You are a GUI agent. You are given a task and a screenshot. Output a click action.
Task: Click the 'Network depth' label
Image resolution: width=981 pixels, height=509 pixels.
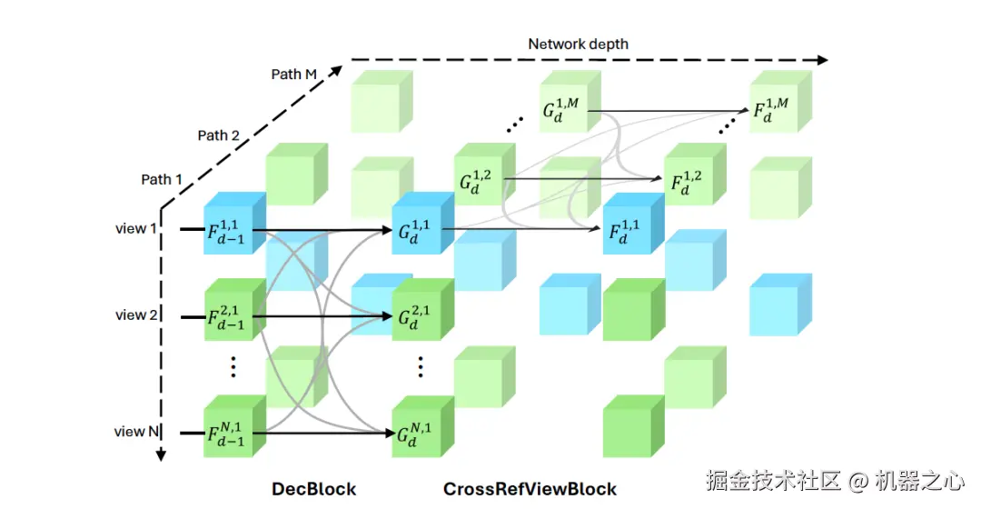[578, 44]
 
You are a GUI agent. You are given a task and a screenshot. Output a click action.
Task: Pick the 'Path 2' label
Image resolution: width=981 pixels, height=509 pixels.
[219, 135]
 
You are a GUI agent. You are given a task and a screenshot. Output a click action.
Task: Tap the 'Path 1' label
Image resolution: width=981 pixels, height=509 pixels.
[162, 179]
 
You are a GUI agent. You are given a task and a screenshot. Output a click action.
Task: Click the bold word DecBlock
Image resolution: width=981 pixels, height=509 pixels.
[313, 489]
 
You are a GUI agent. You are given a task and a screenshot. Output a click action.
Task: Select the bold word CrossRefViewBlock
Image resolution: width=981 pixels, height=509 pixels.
[530, 489]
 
